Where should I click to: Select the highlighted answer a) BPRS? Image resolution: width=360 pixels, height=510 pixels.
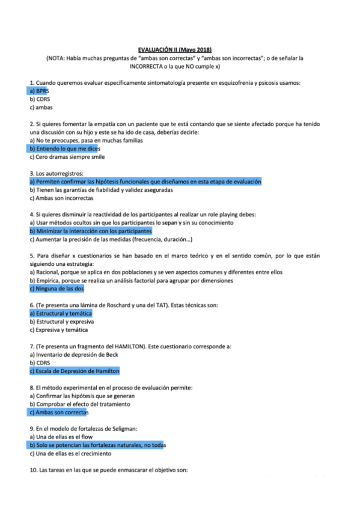pyautogui.click(x=39, y=90)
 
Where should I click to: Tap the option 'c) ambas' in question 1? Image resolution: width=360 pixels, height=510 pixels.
pyautogui.click(x=41, y=107)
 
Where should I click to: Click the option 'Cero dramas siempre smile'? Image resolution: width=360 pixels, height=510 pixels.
pyautogui.click(x=66, y=156)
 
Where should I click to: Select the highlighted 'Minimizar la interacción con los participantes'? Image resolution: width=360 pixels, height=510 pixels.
pyautogui.click(x=90, y=230)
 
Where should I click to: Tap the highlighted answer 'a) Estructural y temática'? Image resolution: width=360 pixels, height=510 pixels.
pyautogui.click(x=61, y=313)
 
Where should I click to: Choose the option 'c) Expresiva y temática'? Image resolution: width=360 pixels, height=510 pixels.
pyautogui.click(x=59, y=330)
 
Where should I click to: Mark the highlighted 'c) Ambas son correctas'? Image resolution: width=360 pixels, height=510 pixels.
pyautogui.click(x=59, y=413)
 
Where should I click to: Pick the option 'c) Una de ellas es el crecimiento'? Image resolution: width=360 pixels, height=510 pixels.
pyautogui.click(x=71, y=453)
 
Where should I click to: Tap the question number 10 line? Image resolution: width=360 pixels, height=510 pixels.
pyautogui.click(x=108, y=470)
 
